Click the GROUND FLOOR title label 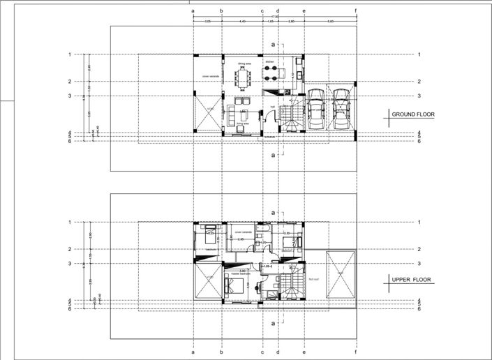412,114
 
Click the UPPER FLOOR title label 411,280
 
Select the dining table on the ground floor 243,76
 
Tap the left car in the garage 316,110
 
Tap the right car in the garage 341,110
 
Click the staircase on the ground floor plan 290,114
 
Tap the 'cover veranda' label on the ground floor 210,77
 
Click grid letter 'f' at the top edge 356,11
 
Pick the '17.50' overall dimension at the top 275,17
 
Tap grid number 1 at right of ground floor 418,54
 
